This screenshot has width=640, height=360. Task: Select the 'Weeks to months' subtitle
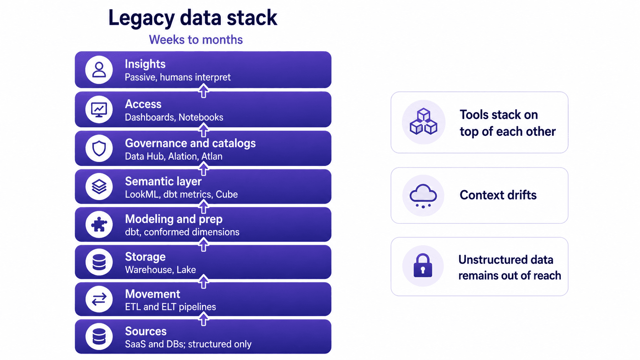(196, 40)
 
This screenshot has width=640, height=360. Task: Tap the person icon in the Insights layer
(99, 70)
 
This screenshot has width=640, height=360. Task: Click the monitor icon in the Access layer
(99, 110)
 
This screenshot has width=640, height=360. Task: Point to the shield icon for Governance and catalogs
(99, 148)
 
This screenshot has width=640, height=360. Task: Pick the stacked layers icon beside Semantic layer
(99, 186)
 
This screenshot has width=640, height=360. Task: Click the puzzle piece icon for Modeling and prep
(99, 225)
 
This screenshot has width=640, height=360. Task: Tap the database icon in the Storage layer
(99, 262)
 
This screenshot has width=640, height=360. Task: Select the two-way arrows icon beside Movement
(99, 299)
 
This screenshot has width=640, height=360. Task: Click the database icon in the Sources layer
(99, 336)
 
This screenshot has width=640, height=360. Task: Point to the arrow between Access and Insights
(203, 91)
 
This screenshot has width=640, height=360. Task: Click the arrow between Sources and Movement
(203, 319)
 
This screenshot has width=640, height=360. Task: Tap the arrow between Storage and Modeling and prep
(203, 245)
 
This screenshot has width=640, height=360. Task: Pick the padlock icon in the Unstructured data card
(423, 266)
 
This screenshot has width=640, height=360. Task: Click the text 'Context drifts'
(498, 195)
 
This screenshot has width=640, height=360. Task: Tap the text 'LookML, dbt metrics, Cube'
(181, 194)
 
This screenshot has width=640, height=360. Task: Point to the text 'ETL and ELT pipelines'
(170, 307)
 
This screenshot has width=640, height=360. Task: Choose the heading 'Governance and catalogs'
(190, 143)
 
